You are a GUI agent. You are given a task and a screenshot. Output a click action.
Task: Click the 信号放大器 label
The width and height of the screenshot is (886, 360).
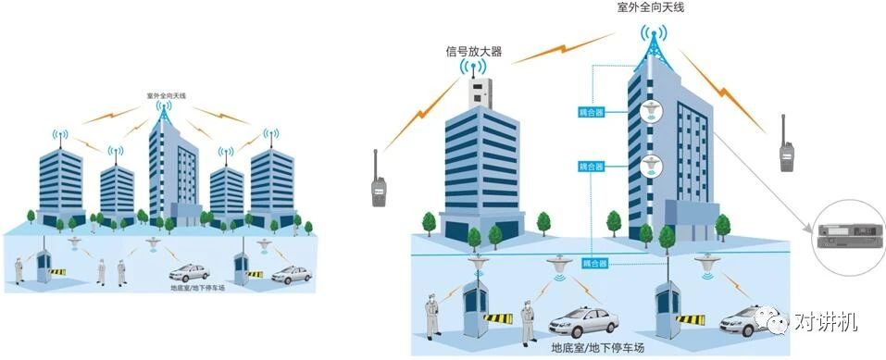click(x=473, y=52)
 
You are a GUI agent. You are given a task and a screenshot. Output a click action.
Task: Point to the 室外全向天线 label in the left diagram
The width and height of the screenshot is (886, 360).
click(x=167, y=95)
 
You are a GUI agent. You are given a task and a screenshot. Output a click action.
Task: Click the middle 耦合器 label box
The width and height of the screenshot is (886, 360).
click(x=591, y=167)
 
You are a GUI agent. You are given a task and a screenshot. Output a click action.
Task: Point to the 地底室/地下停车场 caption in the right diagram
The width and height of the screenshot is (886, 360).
click(x=584, y=349)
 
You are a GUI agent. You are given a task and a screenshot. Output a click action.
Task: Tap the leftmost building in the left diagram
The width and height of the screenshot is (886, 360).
click(x=62, y=180)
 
